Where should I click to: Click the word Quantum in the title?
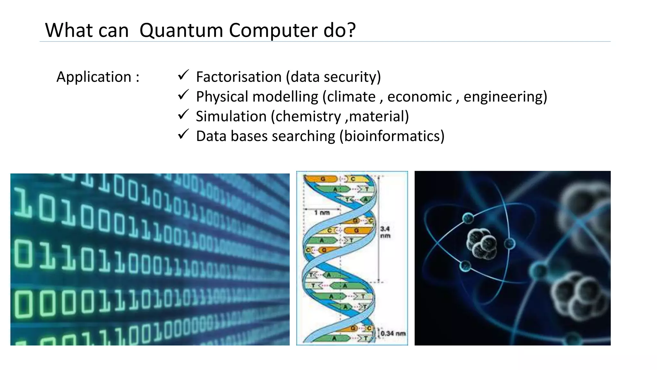tap(181, 31)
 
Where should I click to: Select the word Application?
tap(94, 77)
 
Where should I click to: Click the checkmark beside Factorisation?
tap(183, 75)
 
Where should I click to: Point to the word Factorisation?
tap(239, 77)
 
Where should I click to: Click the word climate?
tap(351, 97)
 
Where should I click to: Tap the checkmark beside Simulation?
tap(183, 115)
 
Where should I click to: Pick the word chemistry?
tap(308, 117)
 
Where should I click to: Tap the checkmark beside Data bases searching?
tap(183, 134)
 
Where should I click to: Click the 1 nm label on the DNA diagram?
tap(322, 213)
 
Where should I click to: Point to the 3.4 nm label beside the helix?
tap(385, 232)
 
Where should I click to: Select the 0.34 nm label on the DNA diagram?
tap(393, 334)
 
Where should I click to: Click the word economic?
tap(419, 97)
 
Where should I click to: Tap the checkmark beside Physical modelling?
tap(183, 95)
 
